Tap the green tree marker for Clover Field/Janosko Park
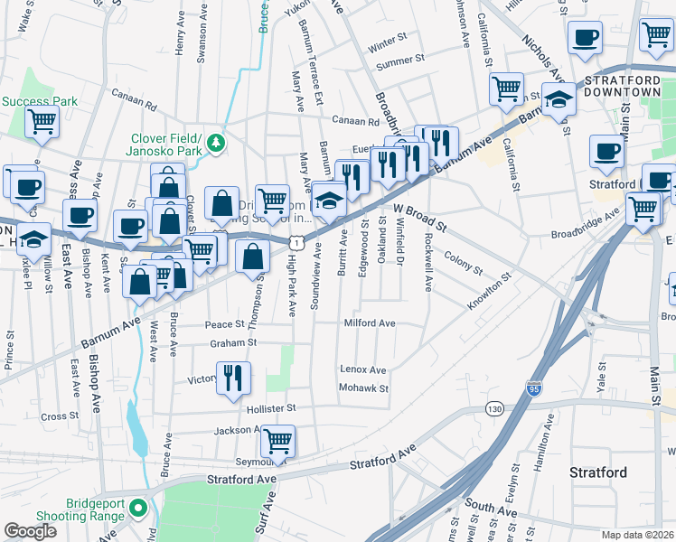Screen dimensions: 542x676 [x=216, y=143]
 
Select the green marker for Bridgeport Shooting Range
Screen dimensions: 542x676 [x=137, y=509]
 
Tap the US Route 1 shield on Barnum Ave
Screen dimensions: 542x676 [x=296, y=242]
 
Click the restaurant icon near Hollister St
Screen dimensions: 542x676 [x=233, y=379]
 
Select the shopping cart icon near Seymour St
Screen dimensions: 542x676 [x=277, y=441]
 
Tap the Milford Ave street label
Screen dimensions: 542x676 [x=369, y=323]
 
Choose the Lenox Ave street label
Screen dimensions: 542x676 [x=362, y=369]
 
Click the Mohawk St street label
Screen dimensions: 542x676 [x=362, y=388]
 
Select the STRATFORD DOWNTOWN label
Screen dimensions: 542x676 [x=623, y=86]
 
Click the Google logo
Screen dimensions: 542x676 [x=30, y=531]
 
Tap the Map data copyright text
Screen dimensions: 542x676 [x=637, y=535]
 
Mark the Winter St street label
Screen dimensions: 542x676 [x=388, y=42]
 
